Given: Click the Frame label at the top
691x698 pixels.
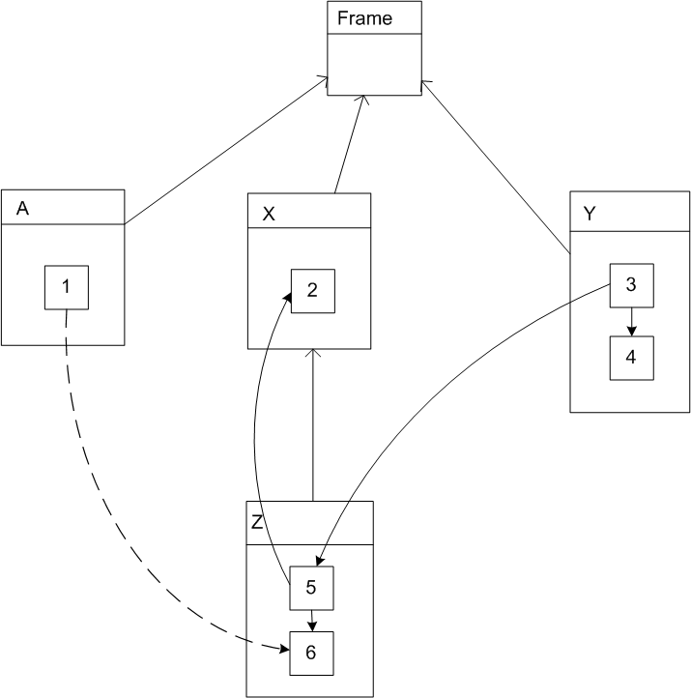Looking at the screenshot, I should tap(363, 18).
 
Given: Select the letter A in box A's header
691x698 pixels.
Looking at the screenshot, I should tap(22, 210).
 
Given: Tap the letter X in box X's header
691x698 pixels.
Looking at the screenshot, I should tap(269, 215).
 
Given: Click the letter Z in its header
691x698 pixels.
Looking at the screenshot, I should tap(257, 523).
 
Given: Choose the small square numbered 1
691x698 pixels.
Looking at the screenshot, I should tap(67, 287).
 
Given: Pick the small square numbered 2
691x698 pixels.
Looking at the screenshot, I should tap(313, 289).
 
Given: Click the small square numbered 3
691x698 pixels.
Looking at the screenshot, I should tap(631, 285).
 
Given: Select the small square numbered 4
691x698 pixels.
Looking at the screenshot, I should tap(631, 357).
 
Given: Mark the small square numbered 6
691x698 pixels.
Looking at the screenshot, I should tap(311, 653).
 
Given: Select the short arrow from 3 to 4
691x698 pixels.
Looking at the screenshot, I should tap(631, 321).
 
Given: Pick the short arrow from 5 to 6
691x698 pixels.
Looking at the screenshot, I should tap(311, 619).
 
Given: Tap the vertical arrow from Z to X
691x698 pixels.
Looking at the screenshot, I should tap(313, 425).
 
